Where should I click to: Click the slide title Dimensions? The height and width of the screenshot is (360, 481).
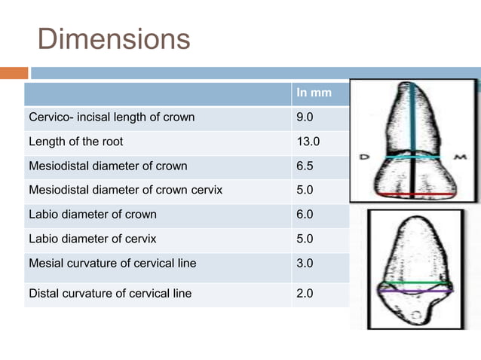tap(114, 39)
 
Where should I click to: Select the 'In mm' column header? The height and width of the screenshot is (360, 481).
tap(311, 93)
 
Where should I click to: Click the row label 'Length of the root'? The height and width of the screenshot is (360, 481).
tap(75, 141)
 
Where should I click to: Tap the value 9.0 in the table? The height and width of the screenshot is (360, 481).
tap(306, 117)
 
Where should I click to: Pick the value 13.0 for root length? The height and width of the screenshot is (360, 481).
tap(309, 141)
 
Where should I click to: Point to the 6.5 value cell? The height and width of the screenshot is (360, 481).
tap(306, 166)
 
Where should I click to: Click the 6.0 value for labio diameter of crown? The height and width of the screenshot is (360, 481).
tap(306, 215)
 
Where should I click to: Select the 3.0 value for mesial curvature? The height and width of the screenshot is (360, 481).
tap(306, 264)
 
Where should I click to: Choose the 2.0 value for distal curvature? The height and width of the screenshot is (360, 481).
tap(306, 293)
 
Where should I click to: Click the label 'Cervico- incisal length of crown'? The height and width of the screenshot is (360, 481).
tap(112, 117)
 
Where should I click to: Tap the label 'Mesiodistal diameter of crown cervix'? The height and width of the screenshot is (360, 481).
tap(125, 190)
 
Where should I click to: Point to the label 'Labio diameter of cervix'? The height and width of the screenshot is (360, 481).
tap(93, 239)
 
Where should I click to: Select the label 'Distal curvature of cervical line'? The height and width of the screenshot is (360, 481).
tap(110, 293)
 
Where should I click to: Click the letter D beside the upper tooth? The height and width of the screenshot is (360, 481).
tap(363, 157)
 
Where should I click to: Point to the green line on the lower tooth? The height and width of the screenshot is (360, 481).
tap(415, 283)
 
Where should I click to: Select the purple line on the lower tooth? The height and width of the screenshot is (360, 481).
tap(415, 291)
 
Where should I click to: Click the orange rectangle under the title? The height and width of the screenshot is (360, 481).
tap(14, 73)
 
